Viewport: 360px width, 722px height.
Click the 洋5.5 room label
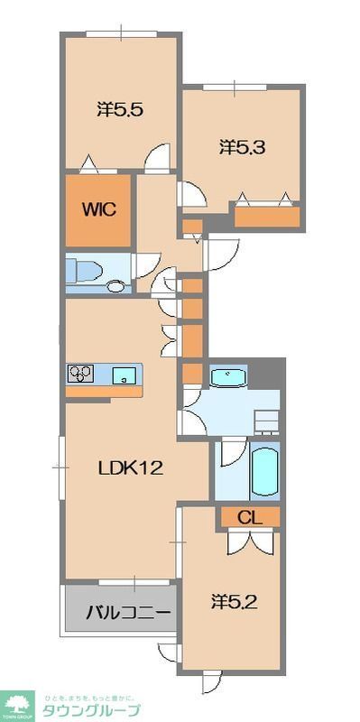click(121, 109)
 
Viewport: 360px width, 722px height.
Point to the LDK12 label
click(130, 467)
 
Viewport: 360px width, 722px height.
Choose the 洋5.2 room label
click(235, 601)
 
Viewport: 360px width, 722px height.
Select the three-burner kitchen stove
click(81, 374)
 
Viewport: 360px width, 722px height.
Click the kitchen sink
click(125, 375)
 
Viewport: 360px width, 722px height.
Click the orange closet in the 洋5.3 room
click(267, 217)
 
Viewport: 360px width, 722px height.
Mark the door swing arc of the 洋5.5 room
click(155, 160)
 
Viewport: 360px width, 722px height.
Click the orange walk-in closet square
click(98, 209)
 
